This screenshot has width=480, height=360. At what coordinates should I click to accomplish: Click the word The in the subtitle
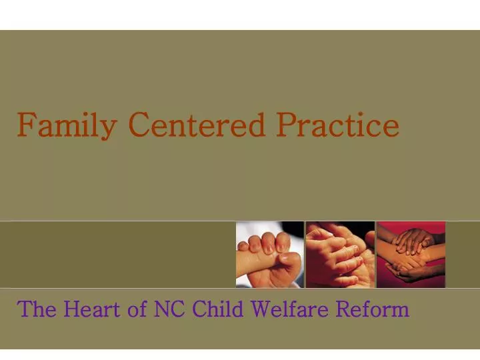pos(37,309)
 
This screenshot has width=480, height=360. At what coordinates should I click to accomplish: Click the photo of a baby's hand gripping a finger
pos(270,255)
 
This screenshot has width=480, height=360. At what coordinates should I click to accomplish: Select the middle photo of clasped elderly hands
pos(340,255)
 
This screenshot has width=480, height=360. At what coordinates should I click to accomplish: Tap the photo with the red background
pos(411,255)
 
